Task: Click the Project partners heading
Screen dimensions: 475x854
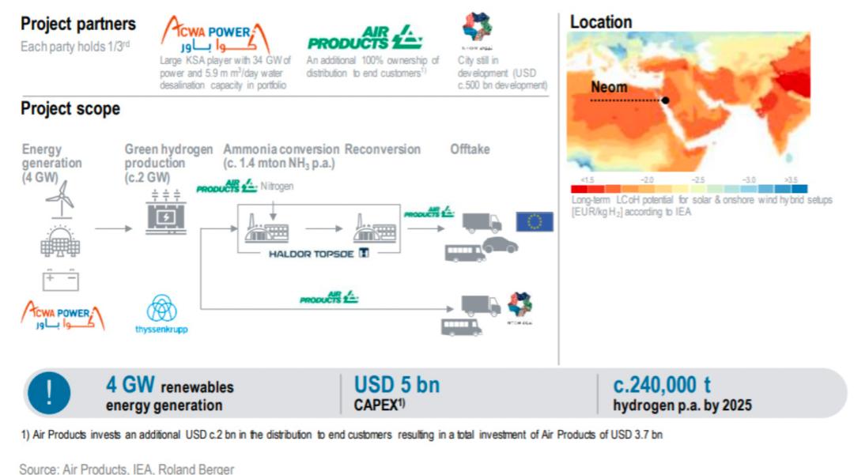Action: tap(78, 25)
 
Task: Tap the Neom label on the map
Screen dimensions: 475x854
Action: tap(609, 87)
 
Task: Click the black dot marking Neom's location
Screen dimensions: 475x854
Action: tap(666, 100)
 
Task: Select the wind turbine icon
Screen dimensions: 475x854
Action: tap(60, 197)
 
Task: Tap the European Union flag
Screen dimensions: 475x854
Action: tap(535, 221)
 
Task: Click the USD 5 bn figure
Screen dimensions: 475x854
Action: tap(397, 386)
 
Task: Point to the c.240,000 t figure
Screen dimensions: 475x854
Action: tap(662, 386)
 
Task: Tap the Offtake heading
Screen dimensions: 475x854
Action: tap(470, 149)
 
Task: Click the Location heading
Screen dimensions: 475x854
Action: tap(601, 22)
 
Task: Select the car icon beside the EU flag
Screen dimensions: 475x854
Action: tap(500, 245)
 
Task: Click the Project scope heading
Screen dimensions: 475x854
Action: tap(70, 108)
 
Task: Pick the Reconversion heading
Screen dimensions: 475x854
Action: tap(383, 149)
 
